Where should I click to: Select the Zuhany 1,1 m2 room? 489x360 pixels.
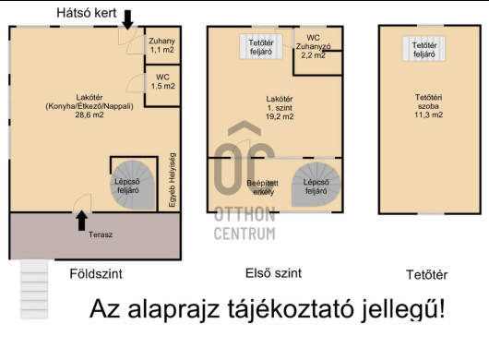pos(162,46)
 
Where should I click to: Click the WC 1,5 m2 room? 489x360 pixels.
pos(162,82)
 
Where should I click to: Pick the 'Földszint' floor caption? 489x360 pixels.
pos(96,274)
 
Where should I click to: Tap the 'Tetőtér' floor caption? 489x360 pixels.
pos(427,275)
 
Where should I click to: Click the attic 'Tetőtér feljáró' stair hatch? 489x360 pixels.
pos(424,50)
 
